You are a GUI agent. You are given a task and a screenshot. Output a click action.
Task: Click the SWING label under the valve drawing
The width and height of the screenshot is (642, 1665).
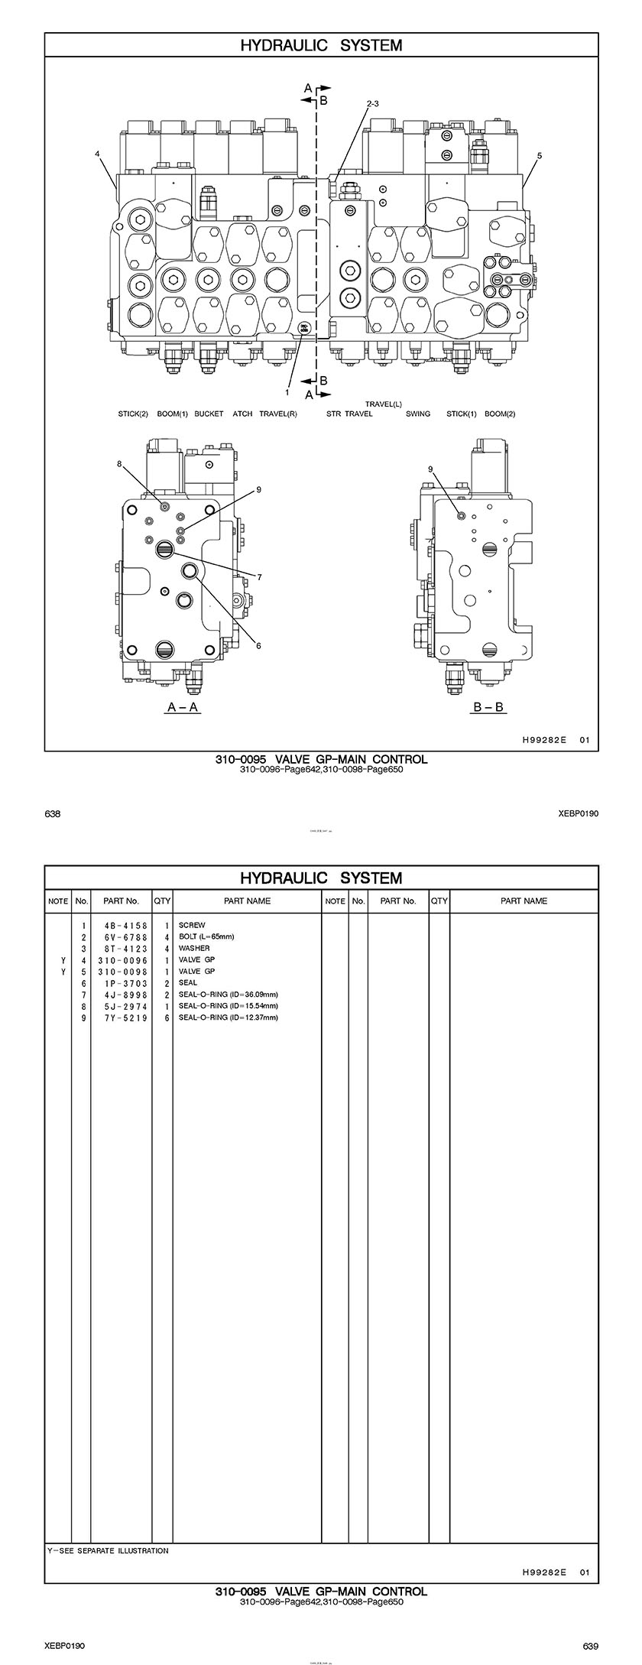point(417,414)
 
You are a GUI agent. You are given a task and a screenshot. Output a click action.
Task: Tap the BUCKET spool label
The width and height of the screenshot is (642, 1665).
point(209,414)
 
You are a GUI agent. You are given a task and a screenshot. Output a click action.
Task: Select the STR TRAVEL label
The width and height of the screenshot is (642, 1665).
point(349,414)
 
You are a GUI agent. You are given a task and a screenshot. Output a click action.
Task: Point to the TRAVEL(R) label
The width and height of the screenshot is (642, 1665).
point(278,414)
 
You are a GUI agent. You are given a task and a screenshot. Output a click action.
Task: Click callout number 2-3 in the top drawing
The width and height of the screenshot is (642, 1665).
point(372,102)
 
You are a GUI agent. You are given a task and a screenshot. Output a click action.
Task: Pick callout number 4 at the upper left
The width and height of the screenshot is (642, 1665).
point(98,154)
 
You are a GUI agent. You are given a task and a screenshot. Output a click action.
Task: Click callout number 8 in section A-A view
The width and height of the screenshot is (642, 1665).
point(119,463)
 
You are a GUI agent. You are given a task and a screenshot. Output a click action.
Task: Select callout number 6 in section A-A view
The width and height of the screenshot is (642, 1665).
point(258,646)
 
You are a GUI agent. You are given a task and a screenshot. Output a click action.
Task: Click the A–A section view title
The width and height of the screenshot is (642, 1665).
point(183,707)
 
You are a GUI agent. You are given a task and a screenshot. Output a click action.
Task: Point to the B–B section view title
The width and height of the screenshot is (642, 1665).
point(489,707)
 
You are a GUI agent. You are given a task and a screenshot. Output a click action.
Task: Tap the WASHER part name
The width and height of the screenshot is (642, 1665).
point(194,948)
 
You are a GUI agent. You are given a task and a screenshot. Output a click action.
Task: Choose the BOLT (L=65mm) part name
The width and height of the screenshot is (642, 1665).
point(206,936)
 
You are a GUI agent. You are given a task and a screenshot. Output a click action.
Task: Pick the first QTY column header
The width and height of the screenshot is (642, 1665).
point(162,901)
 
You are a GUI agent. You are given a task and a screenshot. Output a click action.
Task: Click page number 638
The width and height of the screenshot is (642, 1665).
point(53,813)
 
